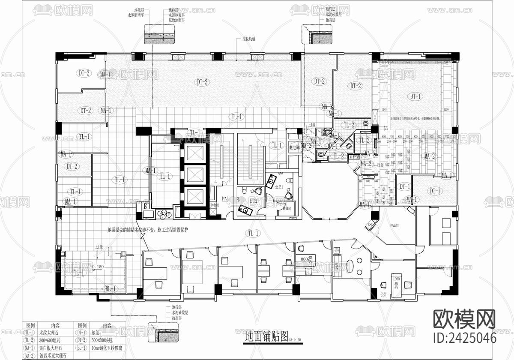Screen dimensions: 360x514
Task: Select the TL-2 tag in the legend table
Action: point(29,340)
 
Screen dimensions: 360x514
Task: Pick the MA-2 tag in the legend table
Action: point(29,356)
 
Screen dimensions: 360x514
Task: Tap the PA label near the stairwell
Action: point(224,199)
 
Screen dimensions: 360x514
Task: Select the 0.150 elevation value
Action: point(98,267)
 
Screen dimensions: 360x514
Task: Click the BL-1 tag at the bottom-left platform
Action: point(110,289)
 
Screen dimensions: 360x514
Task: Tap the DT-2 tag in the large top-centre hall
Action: point(202,81)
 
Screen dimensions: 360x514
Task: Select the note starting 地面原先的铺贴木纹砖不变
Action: point(148,230)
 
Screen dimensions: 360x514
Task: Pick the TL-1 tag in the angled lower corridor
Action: point(252,233)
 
